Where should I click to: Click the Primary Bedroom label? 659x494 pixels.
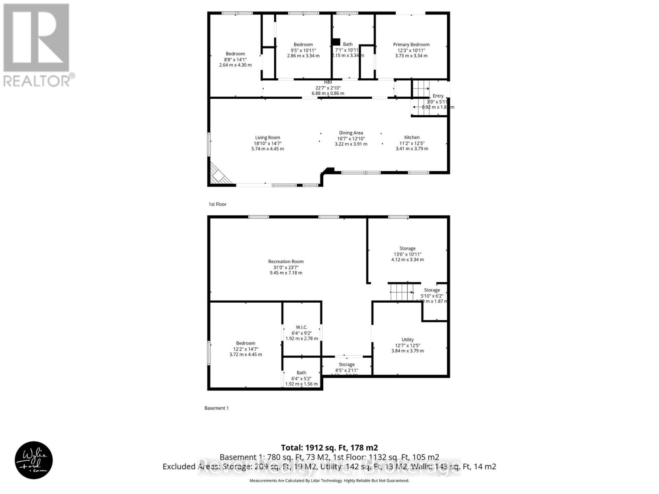[411, 44]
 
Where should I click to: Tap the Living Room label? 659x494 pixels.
[268, 137]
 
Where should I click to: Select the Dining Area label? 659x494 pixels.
[351, 133]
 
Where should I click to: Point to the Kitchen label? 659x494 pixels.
[412, 137]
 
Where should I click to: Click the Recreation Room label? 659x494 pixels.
[286, 261]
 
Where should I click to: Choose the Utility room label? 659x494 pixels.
[407, 340]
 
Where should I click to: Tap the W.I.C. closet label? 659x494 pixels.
[301, 327]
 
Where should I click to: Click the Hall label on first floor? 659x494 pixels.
[328, 82]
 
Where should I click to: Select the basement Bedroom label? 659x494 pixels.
[245, 343]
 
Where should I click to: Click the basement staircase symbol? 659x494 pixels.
[401, 292]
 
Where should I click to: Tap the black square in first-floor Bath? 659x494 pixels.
[336, 42]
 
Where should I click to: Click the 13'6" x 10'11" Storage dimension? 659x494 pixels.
[407, 254]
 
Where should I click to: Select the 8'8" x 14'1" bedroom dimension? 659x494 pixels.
[235, 59]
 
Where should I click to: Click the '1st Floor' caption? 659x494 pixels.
[217, 204]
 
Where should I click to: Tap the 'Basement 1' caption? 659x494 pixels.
[216, 408]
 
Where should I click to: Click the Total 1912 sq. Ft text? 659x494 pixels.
[329, 447]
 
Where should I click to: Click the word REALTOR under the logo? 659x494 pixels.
[37, 80]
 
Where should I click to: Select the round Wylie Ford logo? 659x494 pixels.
[34, 460]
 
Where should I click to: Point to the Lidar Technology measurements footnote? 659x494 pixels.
[329, 480]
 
